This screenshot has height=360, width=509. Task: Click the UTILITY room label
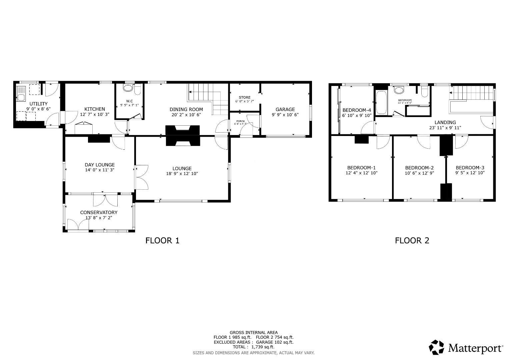pos(38,104)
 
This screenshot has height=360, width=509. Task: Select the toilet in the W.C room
pos(127,88)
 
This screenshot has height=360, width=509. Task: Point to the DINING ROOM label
pos(186,109)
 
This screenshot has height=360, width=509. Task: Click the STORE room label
pos(244,97)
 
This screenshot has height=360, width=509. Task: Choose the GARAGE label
pos(285,109)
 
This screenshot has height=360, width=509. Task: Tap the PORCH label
pos(240,121)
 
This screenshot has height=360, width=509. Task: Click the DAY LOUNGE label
pos(99,165)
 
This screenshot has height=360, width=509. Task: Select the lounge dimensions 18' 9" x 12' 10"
pos(182,174)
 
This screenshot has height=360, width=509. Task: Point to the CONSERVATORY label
pos(99,212)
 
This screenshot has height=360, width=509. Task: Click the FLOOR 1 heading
pos(162,240)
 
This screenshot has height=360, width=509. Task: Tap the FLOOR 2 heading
pos(412,240)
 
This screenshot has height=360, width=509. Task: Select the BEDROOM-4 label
pos(357,110)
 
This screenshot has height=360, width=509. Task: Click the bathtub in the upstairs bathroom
pos(381,102)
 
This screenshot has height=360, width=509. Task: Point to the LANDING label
pos(445,122)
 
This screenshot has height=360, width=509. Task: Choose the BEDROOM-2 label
pos(419,168)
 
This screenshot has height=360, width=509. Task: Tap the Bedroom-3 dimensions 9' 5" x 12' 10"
pos(470,173)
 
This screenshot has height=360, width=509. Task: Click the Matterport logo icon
pos(436,347)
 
